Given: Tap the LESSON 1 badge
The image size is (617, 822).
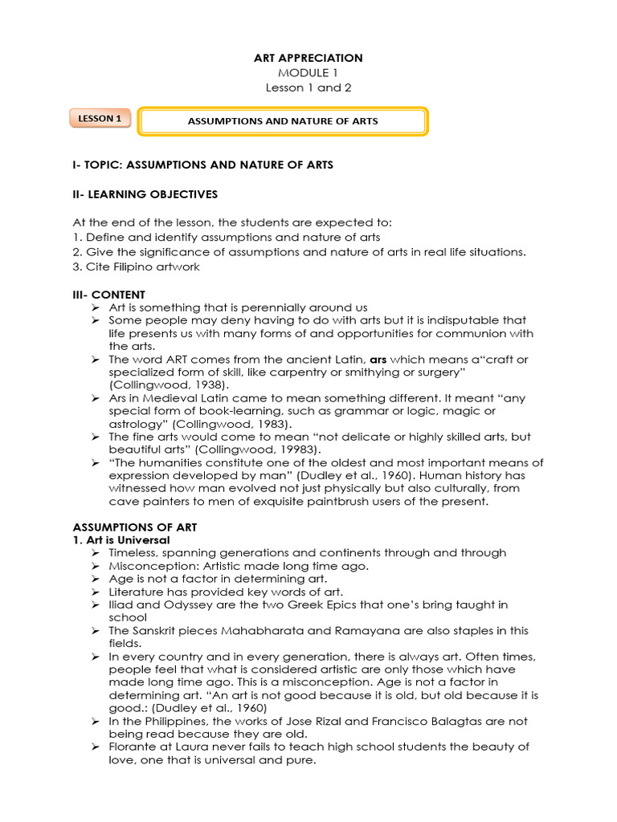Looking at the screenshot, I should tap(100, 119).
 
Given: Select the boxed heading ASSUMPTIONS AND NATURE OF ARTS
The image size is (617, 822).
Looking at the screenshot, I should tap(282, 121).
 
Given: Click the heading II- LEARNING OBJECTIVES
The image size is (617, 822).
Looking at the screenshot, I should tap(145, 194).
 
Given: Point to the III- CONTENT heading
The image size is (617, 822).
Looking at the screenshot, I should tap(109, 295).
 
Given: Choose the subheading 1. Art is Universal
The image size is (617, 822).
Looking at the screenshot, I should tap(121, 540).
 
